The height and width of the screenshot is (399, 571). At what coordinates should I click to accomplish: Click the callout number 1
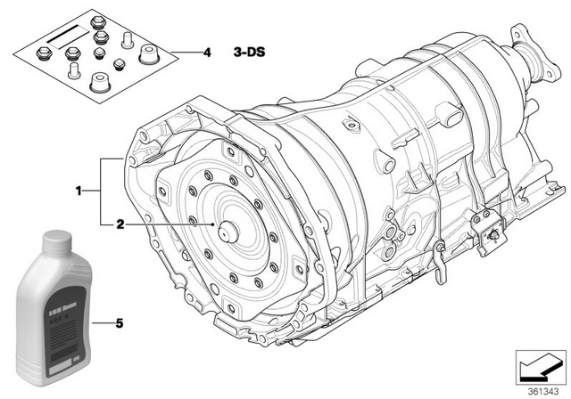tap(79, 190)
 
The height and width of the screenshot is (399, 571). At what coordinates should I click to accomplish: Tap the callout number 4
tap(207, 53)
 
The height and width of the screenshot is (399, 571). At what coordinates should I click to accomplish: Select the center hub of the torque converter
tap(228, 226)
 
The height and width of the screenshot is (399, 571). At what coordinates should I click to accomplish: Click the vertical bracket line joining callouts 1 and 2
tap(101, 190)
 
